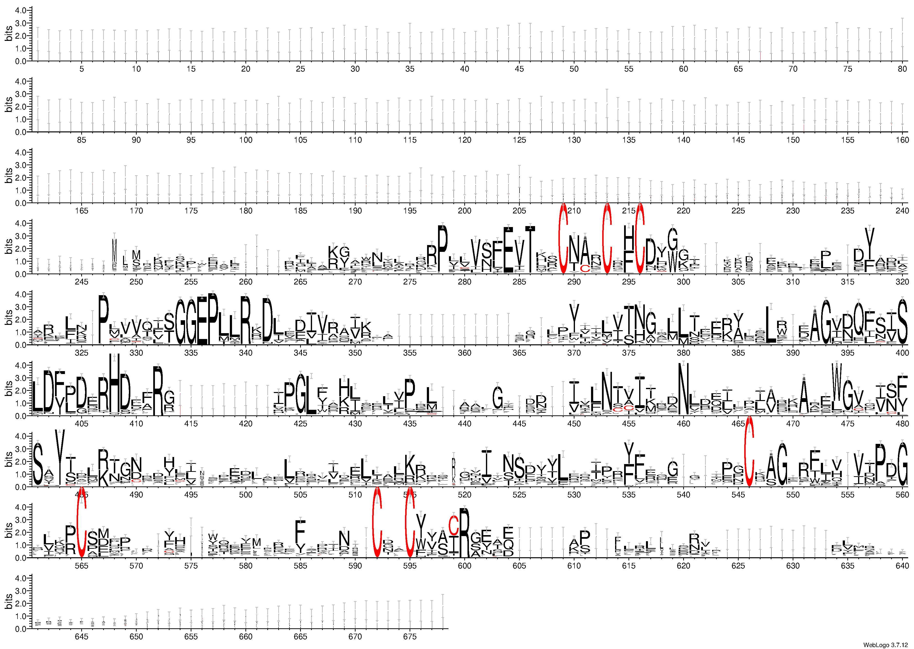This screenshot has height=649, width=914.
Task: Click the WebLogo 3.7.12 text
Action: pyautogui.click(x=887, y=645)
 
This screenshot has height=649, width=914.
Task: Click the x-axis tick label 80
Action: pyautogui.click(x=902, y=69)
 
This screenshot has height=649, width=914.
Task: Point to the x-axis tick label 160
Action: pyautogui.click(x=902, y=140)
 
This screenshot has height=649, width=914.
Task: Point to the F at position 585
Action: pyautogui.click(x=300, y=531)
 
